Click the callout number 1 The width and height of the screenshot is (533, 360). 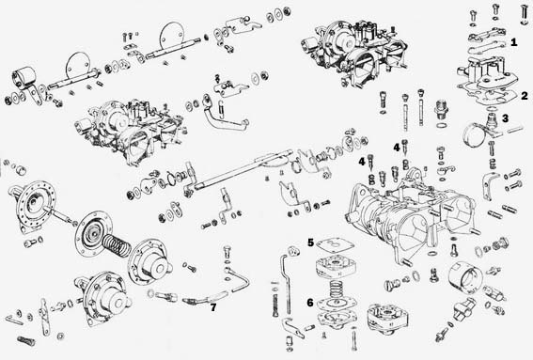[513, 42]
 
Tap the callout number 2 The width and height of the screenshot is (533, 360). [525, 96]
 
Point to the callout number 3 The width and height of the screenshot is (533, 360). [505, 118]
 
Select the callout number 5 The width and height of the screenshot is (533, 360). [311, 243]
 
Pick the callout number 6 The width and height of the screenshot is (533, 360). [310, 303]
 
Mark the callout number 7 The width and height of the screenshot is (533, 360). [212, 307]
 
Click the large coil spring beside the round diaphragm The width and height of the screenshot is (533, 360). [117, 245]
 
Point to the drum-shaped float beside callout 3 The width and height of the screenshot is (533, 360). [474, 135]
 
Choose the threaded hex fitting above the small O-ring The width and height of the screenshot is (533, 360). [441, 108]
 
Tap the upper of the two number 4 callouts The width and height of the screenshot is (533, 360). [397, 148]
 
